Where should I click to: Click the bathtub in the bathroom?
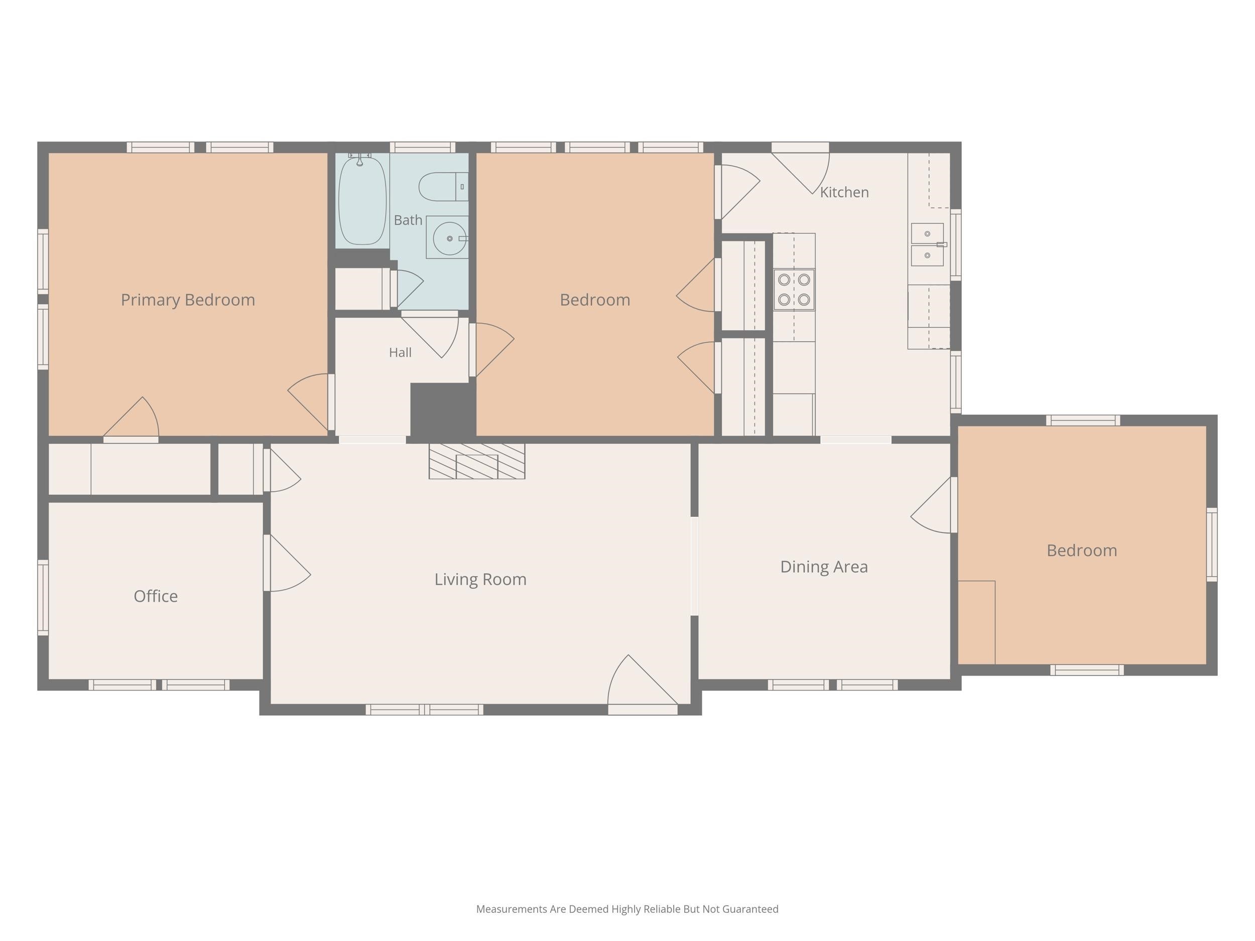[362, 199]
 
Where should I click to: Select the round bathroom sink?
[449, 238]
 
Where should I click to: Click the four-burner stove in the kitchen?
[794, 289]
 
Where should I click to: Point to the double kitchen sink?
[928, 244]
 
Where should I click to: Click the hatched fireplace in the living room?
[476, 461]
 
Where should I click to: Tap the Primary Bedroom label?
[188, 300]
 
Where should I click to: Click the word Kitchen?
[844, 192]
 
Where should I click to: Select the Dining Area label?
[824, 567]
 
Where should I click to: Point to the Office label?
[156, 596]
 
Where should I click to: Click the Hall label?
[400, 353]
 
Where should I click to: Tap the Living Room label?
[480, 580]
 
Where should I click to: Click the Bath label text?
[408, 220]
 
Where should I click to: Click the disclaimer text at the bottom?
[627, 909]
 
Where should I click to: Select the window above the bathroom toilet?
[423, 148]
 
